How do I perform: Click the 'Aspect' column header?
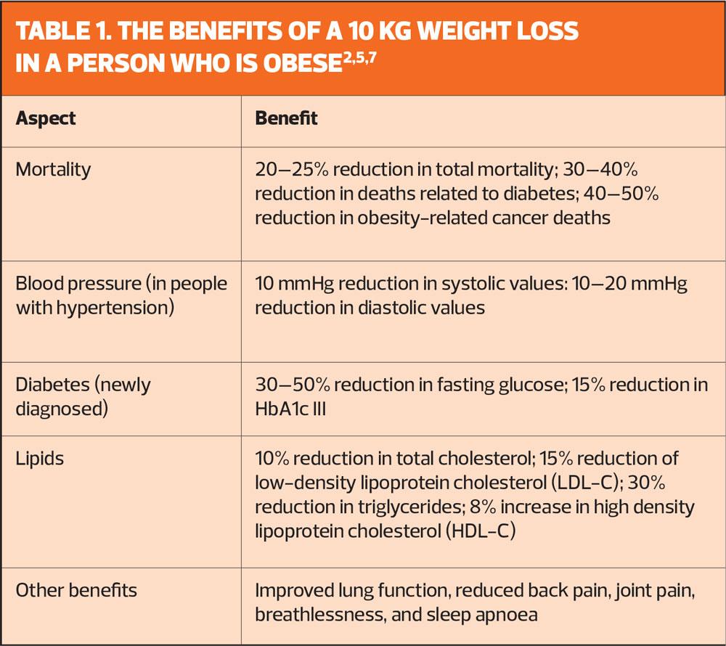coord(46,118)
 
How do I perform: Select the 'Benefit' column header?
coord(286,118)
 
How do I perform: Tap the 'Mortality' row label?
coord(53,170)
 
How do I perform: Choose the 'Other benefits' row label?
coord(76,590)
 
